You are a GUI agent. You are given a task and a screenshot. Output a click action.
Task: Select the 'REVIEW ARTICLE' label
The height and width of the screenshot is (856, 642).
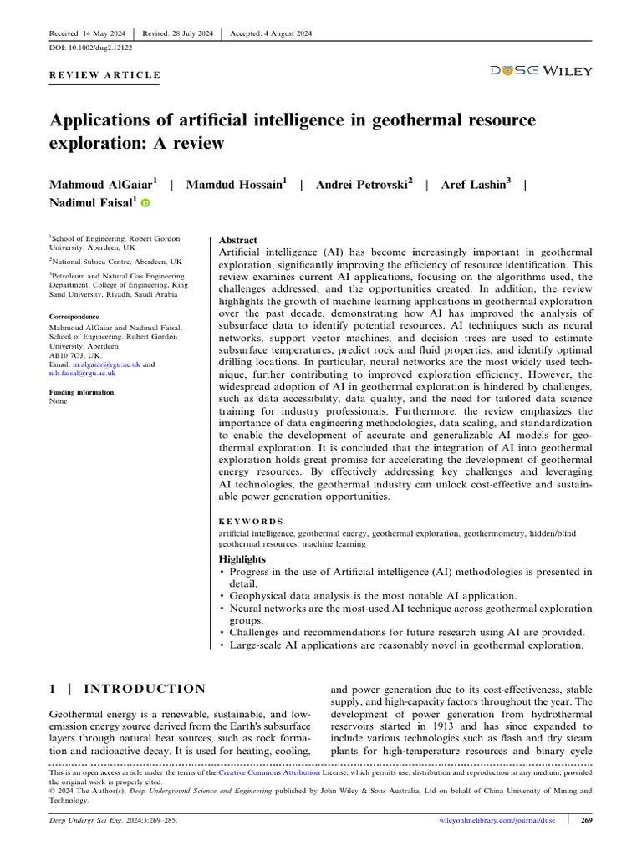click(x=104, y=75)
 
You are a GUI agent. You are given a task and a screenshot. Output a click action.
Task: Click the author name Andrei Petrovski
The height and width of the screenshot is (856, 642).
click(x=364, y=183)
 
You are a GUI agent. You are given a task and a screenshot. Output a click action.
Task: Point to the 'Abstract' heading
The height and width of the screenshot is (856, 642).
click(x=237, y=239)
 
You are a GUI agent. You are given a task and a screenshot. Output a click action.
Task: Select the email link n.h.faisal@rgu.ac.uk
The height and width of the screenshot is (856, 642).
click(x=82, y=374)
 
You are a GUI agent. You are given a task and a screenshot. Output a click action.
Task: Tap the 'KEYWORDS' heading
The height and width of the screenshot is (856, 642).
click(x=251, y=521)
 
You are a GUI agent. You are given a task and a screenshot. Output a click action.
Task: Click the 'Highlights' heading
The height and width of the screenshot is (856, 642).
click(x=242, y=558)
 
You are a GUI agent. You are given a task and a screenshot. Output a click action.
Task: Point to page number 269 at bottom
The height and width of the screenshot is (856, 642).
click(x=586, y=820)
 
